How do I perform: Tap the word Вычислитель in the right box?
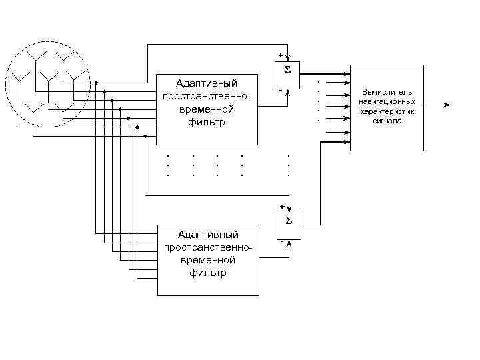tap(387, 91)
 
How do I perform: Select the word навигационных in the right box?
tap(387, 101)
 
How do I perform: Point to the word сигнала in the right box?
tap(387, 121)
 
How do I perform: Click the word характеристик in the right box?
tap(387, 111)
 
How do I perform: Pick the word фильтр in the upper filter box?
tap(207, 123)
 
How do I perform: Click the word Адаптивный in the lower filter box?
tap(208, 234)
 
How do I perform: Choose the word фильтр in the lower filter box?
tap(208, 273)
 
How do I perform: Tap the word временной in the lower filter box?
tap(208, 260)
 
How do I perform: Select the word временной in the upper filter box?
tap(207, 110)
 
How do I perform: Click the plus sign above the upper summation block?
tap(281, 55)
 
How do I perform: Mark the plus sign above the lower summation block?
tap(282, 206)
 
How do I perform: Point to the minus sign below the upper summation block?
tap(281, 90)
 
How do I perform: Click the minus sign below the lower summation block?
tap(281, 241)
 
